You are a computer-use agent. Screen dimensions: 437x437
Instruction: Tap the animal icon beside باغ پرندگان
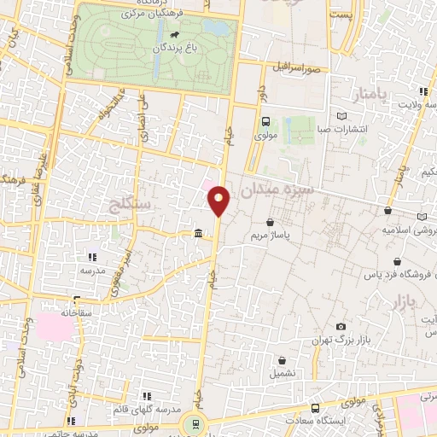[173, 36]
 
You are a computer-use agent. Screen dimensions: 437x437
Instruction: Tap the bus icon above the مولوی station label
[265, 121]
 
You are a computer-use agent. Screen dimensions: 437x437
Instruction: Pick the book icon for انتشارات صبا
[342, 116]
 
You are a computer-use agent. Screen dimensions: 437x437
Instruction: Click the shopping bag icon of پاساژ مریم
[271, 222]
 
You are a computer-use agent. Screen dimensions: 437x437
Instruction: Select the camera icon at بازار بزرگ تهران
[341, 327]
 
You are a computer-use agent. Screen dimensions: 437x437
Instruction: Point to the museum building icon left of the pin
[198, 234]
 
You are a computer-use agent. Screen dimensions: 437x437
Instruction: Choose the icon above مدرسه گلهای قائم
[147, 397]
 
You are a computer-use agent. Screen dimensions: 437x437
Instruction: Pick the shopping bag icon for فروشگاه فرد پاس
[396, 262]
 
